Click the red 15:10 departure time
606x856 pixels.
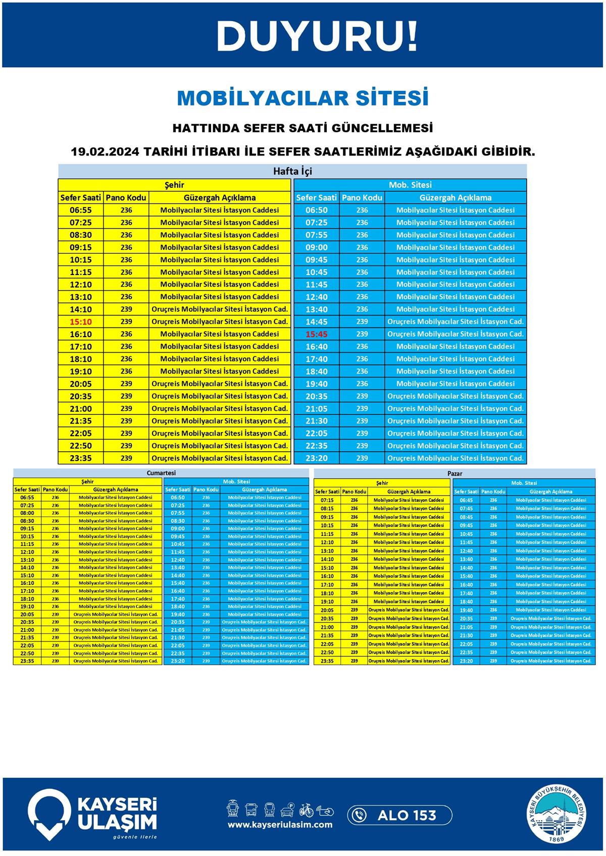point(81,322)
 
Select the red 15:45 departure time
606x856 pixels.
point(317,334)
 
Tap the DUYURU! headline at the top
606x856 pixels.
point(317,36)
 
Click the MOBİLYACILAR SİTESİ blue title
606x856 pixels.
point(302,98)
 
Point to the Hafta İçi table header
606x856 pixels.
point(292,171)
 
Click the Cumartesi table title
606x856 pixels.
point(161,473)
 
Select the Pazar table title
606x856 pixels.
point(454,473)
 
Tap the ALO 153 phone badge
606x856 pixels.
point(399,815)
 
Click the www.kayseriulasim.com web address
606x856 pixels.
point(280,825)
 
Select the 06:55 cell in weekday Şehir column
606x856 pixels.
point(81,210)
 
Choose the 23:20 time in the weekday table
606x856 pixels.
point(317,458)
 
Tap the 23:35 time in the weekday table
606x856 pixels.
point(81,458)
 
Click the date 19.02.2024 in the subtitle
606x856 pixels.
point(105,151)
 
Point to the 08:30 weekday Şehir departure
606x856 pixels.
point(81,235)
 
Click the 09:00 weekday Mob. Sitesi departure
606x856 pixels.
point(317,247)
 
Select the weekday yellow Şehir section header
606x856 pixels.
point(175,185)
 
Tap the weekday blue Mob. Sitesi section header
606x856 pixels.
point(410,185)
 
